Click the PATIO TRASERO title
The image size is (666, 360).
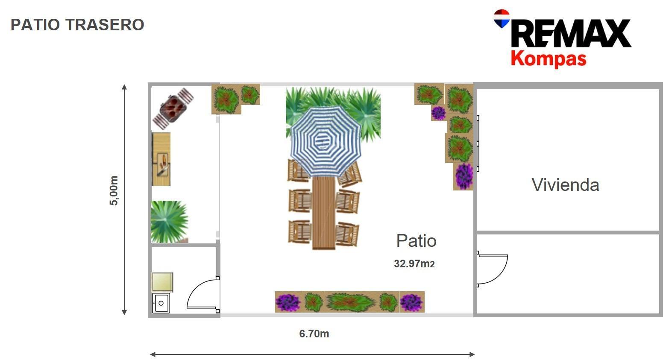point(77,25)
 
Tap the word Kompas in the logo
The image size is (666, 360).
point(548,59)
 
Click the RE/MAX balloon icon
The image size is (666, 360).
point(502,18)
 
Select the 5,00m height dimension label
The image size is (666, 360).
point(114,190)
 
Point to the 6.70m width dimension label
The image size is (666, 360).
point(314,334)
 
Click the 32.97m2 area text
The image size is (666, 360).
point(414,264)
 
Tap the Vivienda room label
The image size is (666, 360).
point(565,185)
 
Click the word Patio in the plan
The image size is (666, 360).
point(416,241)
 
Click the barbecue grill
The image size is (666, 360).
point(173,108)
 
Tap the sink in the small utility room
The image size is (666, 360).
point(161,303)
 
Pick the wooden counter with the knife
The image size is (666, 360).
point(161,159)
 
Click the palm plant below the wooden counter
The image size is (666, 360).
point(169,221)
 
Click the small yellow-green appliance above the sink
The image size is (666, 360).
point(162,282)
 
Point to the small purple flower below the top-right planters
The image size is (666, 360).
point(438,113)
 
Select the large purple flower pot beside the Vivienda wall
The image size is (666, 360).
point(464,176)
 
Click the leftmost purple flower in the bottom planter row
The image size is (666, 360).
point(288,302)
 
